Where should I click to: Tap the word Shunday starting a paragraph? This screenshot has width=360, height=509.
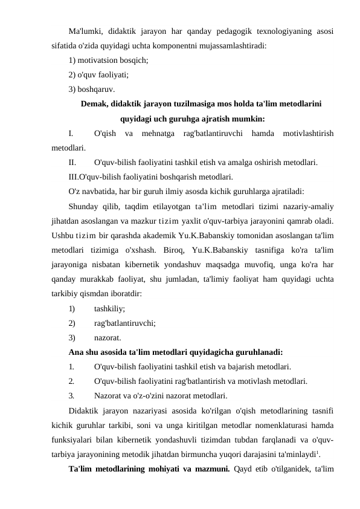85,207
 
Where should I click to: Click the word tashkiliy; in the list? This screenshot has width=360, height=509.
110,309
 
